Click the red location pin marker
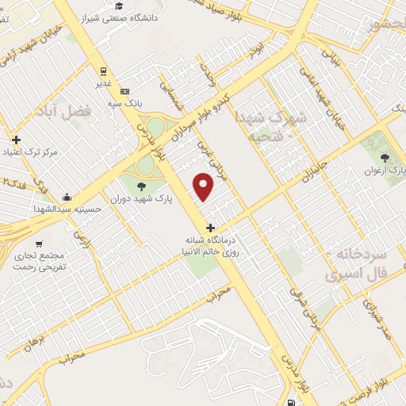pyautogui.click(x=205, y=186)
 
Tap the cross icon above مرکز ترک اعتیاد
pyautogui.click(x=16, y=140)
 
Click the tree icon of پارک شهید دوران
pyautogui.click(x=141, y=187)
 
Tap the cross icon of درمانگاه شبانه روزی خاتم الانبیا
pyautogui.click(x=209, y=228)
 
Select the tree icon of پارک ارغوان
pyautogui.click(x=386, y=159)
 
